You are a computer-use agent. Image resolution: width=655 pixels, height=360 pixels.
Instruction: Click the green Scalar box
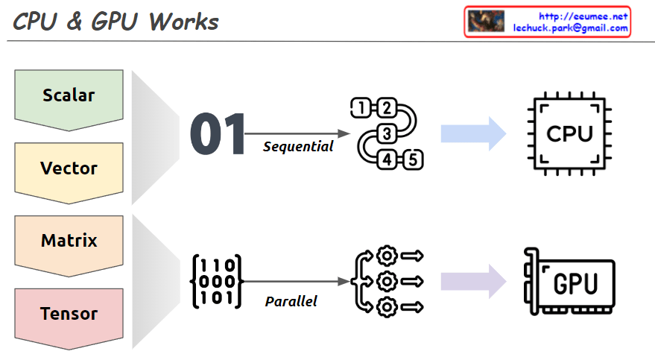click(69, 95)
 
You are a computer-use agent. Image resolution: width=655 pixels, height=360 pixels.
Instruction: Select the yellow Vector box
click(69, 168)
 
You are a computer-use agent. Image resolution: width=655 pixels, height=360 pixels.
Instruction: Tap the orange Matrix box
click(69, 241)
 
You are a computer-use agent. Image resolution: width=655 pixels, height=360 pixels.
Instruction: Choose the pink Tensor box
click(69, 314)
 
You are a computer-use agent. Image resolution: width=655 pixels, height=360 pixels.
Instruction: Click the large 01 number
click(218, 135)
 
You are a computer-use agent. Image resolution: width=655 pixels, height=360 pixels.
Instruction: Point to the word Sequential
click(298, 147)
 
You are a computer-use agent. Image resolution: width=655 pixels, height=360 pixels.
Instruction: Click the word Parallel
click(291, 302)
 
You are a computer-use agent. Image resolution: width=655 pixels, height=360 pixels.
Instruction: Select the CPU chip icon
click(569, 134)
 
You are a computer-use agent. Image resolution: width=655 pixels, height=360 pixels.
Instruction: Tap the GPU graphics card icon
click(569, 282)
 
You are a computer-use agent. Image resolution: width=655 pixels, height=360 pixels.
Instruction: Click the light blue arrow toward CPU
click(473, 134)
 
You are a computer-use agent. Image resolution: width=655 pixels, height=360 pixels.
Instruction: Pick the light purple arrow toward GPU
click(473, 282)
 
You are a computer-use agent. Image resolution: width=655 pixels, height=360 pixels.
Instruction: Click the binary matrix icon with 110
click(217, 282)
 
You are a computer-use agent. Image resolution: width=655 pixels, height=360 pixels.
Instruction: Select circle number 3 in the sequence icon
click(387, 134)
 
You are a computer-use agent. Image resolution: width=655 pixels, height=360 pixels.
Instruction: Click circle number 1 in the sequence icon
click(361, 108)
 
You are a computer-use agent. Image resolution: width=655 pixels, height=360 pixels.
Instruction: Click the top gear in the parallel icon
click(386, 256)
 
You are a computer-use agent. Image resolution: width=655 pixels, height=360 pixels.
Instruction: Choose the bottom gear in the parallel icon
click(386, 306)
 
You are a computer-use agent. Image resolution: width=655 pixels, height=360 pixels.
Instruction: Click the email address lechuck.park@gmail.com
click(571, 28)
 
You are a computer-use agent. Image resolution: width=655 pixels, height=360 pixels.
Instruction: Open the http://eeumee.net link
click(583, 16)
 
